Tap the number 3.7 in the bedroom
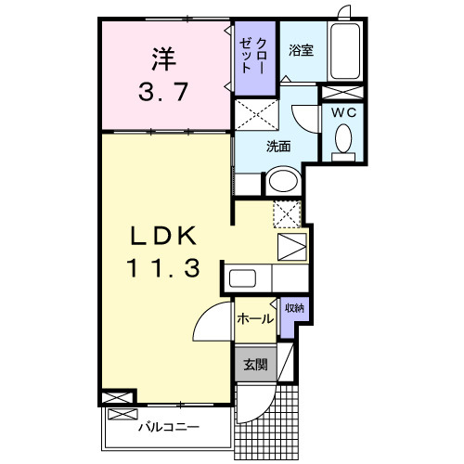tap(164, 93)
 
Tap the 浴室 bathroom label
tap(299, 50)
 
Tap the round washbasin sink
tap(283, 180)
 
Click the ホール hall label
tap(255, 318)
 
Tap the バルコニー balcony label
tap(168, 427)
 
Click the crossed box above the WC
tap(342, 93)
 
